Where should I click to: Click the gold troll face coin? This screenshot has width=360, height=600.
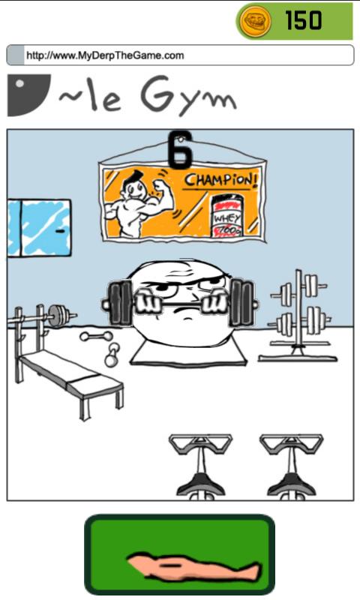(x=255, y=21)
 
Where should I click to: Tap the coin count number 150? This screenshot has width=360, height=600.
(x=304, y=20)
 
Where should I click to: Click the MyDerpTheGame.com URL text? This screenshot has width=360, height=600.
(x=105, y=55)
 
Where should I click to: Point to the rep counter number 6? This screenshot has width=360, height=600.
(x=180, y=149)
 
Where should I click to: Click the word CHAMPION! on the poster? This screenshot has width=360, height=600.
(x=221, y=181)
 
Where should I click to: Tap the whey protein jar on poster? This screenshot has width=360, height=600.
(x=227, y=216)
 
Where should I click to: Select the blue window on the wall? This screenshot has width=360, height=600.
(x=39, y=228)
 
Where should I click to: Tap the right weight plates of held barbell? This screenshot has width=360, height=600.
(x=241, y=303)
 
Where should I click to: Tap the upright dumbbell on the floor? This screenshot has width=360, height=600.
(x=112, y=355)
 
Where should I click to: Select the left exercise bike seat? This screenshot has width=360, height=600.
(x=200, y=483)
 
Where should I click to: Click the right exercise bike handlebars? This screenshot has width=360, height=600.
(x=292, y=443)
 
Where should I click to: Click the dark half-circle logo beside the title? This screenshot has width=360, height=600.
(x=28, y=95)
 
